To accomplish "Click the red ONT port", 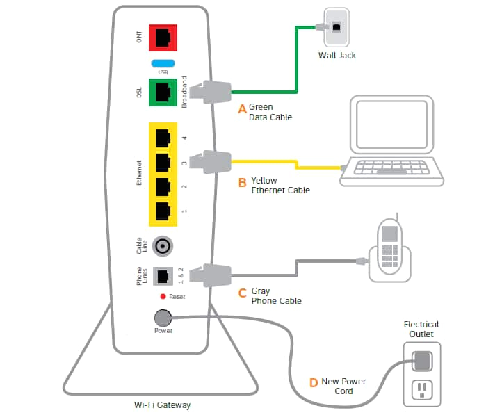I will (163, 38).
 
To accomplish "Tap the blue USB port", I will (162, 63).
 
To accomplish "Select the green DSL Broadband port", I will (163, 91).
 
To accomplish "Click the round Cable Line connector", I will (163, 245).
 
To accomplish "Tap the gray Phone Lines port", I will (163, 275).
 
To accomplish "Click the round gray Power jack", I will (162, 318).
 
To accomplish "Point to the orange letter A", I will (242, 108).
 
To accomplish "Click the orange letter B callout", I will (242, 184).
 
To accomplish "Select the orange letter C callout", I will (242, 293).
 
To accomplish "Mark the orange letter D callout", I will (314, 382).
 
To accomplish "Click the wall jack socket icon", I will (337, 26).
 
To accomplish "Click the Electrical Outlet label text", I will (421, 329).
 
